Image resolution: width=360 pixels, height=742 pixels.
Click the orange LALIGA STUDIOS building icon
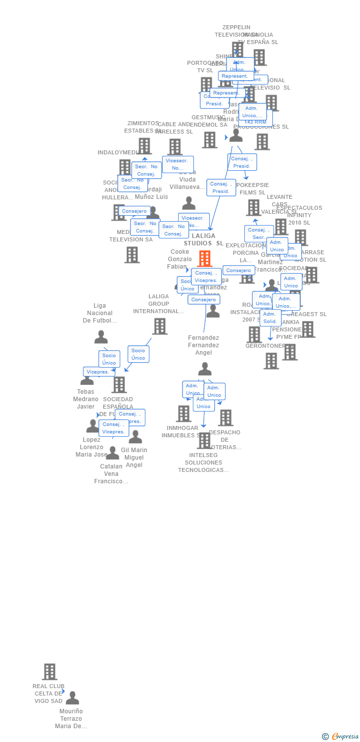pos(205,258)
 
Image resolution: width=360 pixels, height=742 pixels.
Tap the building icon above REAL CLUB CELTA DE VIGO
pos(49,671)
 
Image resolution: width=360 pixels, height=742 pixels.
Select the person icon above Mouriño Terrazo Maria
pos(73,698)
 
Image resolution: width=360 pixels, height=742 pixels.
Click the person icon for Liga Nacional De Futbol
pos(101,337)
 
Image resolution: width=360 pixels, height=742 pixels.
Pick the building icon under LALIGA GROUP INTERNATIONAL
pos(159,326)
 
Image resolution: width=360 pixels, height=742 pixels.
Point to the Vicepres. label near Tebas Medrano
pos(98,371)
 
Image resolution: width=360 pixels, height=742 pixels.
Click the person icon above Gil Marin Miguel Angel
pos(135,437)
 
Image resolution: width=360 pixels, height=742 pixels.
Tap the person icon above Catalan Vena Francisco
pos(113,453)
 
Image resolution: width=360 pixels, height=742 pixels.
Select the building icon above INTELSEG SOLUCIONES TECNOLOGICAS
pos(204,440)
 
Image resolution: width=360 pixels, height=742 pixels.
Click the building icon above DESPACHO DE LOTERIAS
pos(225,417)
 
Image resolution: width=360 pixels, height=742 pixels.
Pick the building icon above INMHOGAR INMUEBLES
pos(183,414)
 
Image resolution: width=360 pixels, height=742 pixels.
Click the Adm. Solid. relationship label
pos(270,318)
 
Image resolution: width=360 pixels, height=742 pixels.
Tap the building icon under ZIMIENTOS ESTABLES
pos(144,146)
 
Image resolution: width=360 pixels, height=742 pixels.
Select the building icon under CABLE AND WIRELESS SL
pos(175,146)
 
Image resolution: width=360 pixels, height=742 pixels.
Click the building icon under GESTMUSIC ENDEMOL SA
pos(210,139)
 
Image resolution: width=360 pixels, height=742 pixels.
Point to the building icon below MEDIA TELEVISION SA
pos(132,255)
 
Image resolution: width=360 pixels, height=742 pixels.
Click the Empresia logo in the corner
pos(341,737)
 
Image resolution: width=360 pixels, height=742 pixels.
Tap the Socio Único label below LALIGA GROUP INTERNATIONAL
pos(138,354)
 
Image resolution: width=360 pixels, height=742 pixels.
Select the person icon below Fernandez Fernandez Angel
pos(205,369)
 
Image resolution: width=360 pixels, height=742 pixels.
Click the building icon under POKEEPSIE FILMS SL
pos(253,207)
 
